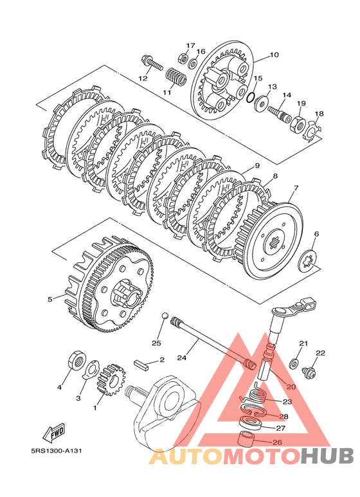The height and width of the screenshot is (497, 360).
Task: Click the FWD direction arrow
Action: [x=54, y=432]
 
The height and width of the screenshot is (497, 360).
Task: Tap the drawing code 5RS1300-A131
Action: [x=56, y=450]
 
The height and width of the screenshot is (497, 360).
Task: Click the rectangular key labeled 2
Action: [x=141, y=364]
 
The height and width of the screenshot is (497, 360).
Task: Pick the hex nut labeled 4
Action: [x=76, y=361]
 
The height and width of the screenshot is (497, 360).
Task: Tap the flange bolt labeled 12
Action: [x=152, y=63]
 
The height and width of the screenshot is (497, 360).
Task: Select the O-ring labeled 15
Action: [x=250, y=98]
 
